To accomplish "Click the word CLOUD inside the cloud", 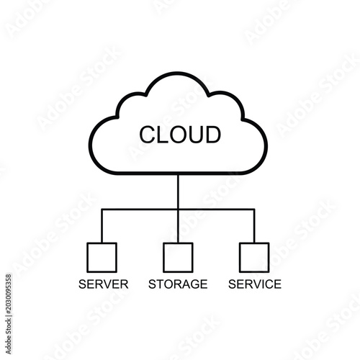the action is (180, 135).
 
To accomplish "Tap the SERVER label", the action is (104, 284).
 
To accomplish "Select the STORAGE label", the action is (178, 284).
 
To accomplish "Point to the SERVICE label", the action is (255, 284).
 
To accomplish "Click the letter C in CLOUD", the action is (148, 135).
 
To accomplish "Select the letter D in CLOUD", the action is (213, 135).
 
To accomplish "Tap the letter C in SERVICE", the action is (268, 284).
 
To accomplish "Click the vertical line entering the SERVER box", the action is (102, 226).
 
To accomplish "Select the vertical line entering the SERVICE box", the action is (254, 226).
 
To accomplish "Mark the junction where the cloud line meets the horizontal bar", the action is (178, 210).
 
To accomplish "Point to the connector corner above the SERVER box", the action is (102, 210).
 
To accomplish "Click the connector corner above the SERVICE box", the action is (254, 210).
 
